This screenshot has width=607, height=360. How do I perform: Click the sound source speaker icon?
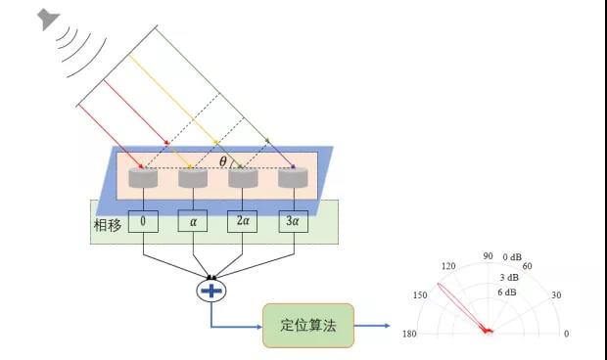(x=47, y=20)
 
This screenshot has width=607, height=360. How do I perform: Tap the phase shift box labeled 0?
(x=143, y=222)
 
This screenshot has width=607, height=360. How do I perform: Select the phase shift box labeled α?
(x=194, y=222)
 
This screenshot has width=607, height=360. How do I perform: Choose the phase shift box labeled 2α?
(x=243, y=222)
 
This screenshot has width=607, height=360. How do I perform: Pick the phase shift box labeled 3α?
(x=293, y=222)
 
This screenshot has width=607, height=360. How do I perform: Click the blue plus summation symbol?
(x=210, y=291)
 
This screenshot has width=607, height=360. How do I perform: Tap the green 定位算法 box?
(x=308, y=325)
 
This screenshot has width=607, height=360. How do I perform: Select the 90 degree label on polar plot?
(x=487, y=256)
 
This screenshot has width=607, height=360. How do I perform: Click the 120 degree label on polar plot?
(x=449, y=266)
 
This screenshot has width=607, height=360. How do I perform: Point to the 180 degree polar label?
(x=410, y=335)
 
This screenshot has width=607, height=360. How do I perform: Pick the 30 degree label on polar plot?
(x=556, y=295)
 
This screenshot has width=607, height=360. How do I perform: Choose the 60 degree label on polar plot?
(x=526, y=266)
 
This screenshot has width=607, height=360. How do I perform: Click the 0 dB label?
(x=513, y=257)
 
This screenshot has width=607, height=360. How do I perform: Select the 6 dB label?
(x=507, y=292)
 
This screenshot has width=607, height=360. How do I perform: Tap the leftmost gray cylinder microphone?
(x=143, y=178)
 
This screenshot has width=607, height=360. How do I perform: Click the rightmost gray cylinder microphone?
(x=293, y=178)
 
